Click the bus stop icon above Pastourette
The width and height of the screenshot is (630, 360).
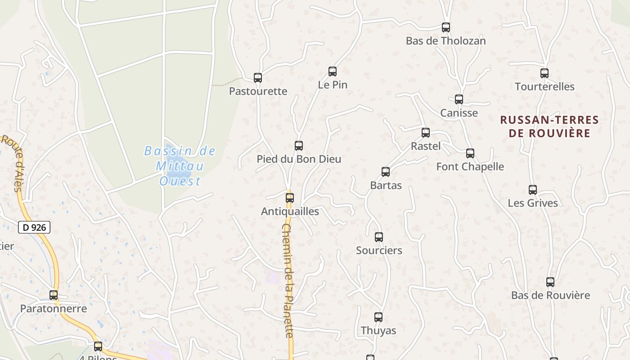(258, 78)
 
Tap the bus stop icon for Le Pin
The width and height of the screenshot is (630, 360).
(333, 71)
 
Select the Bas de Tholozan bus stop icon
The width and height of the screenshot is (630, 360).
(446, 27)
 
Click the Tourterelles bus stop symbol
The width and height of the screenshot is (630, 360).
(544, 73)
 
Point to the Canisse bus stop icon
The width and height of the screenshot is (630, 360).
(459, 99)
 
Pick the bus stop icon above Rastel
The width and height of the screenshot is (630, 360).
(426, 133)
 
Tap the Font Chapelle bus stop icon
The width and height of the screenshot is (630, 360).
(470, 153)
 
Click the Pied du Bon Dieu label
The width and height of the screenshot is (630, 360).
(299, 159)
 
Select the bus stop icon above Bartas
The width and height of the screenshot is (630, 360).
(386, 171)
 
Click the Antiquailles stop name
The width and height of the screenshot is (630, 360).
(290, 211)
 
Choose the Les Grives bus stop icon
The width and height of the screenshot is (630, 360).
(533, 189)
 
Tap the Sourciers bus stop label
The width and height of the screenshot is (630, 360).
(379, 250)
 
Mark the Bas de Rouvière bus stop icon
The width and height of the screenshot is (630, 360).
(550, 282)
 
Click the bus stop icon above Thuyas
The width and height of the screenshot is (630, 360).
(378, 317)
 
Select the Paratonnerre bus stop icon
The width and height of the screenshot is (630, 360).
(54, 295)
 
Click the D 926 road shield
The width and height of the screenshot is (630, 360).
(35, 227)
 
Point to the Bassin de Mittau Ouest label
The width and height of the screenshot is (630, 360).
(180, 166)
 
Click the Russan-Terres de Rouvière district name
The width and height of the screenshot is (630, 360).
(549, 126)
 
